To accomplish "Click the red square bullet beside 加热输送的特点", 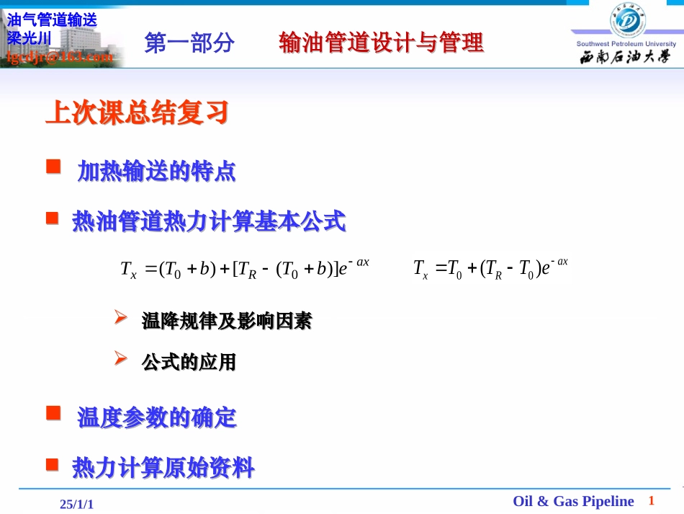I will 53,167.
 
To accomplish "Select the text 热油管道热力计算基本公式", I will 209,221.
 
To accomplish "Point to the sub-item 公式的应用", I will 189,362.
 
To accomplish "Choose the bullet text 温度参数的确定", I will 156,417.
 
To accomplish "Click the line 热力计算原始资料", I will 163,468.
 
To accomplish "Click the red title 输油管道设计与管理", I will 381,43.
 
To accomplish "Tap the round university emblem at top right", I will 625,19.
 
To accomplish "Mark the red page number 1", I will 652,500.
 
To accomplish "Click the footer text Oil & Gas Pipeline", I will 573,501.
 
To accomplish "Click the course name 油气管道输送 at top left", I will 51,21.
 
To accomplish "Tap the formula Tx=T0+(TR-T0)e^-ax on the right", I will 490,268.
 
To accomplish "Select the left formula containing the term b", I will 245,268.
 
